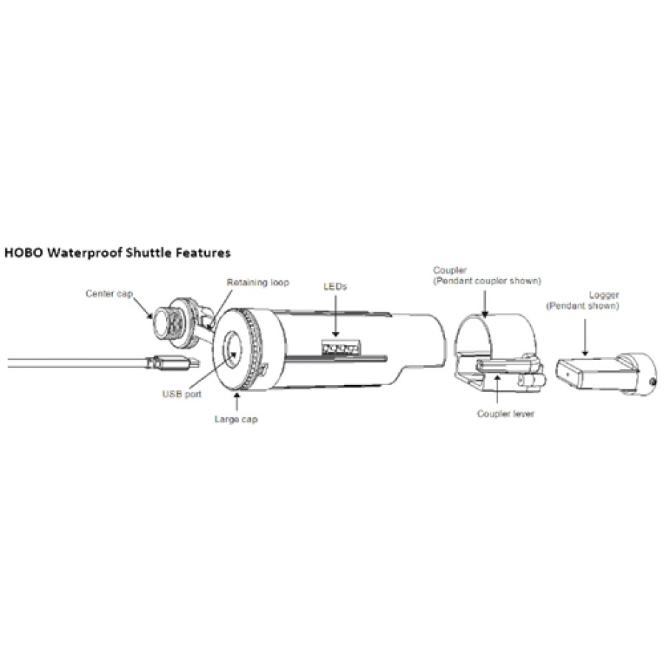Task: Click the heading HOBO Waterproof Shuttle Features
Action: pos(117,253)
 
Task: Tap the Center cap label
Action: pos(109,294)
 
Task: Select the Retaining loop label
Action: pos(258,282)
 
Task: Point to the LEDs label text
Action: pos(335,286)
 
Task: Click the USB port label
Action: pos(182,394)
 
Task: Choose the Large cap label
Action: pos(236,419)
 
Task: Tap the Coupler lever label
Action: pos(505,413)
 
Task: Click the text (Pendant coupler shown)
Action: pos(487,281)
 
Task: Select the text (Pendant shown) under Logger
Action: pos(582,305)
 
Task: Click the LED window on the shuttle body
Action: pos(341,347)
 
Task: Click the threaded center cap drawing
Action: pos(175,321)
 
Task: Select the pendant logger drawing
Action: pos(606,372)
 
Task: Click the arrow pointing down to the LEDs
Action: pos(336,316)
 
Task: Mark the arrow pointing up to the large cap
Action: pos(236,401)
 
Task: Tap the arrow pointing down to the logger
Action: pos(585,337)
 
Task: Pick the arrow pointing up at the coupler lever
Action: pos(497,388)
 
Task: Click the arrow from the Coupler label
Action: pos(485,302)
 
